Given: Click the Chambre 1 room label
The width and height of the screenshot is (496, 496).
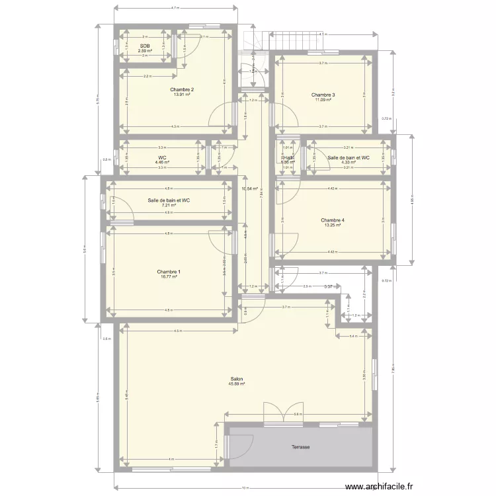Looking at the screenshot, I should click(x=169, y=272).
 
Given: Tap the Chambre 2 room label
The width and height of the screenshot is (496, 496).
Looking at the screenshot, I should click(x=181, y=89).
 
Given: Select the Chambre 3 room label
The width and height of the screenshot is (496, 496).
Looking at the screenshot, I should click(x=323, y=95).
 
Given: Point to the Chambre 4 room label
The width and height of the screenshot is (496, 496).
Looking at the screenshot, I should click(x=333, y=220).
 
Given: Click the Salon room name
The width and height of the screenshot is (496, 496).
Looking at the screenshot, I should click(x=236, y=379).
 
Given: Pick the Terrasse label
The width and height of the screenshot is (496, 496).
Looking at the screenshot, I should click(x=300, y=447).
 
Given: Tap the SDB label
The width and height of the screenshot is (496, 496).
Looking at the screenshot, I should click(x=145, y=46).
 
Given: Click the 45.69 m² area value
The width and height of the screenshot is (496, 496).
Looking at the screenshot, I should click(x=236, y=384).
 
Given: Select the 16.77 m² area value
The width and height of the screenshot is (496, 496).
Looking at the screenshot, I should click(x=169, y=277).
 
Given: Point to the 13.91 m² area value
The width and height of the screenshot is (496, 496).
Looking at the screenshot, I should click(x=181, y=95).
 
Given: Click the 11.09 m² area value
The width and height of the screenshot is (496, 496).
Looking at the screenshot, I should click(x=323, y=100).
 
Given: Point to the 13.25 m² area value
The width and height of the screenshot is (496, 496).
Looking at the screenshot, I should click(x=333, y=226).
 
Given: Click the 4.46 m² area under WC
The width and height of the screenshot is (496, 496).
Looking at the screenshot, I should click(x=162, y=162).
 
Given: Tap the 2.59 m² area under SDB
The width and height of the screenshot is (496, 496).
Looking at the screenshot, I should click(x=145, y=51).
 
